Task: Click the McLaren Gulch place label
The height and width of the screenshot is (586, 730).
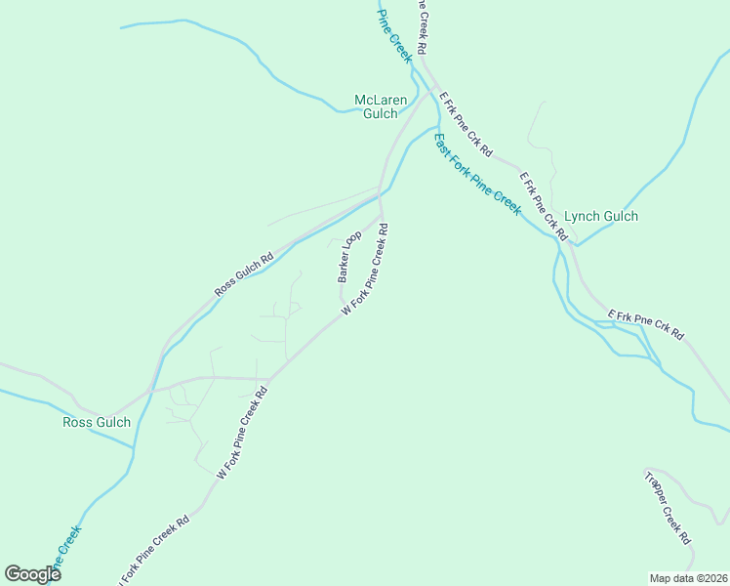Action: pos(381,106)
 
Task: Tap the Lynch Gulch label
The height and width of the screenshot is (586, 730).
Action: pos(601,217)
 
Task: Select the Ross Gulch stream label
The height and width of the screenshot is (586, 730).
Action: pos(97,422)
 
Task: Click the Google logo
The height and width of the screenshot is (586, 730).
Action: pos(32,574)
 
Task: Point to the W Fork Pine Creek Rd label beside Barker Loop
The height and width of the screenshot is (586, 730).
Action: pos(366,270)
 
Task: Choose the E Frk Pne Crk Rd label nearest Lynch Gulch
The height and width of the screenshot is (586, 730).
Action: pos(543,206)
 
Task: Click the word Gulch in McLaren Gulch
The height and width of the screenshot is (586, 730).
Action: pos(381,114)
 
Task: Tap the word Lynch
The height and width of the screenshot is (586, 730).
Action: pos(583,217)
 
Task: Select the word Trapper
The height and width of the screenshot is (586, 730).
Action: pos(655,485)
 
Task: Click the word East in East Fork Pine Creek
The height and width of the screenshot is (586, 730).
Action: pos(442,143)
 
